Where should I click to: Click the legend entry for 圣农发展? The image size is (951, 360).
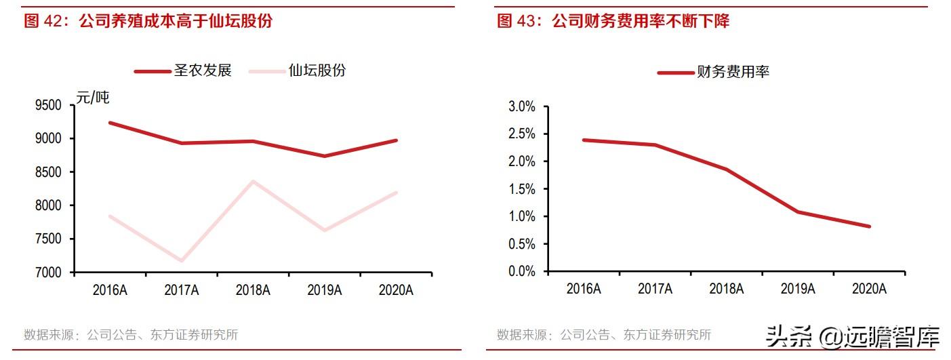183,71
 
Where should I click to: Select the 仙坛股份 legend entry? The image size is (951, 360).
298,71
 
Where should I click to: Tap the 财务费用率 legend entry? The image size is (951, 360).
713,72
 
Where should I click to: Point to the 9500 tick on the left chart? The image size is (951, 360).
48,105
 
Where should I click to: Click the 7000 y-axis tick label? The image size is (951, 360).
48,272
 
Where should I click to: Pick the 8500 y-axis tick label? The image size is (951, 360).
48,172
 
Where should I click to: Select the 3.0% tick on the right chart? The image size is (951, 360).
522,106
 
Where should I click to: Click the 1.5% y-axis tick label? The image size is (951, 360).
522,189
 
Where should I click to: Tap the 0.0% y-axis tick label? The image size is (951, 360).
522,271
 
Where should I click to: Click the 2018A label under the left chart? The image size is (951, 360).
253,290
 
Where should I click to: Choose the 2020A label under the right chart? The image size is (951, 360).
869,289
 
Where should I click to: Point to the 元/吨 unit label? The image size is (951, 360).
93,98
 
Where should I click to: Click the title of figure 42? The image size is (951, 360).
148,21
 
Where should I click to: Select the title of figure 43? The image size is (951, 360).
613,21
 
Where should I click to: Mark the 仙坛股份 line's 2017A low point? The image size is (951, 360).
182,260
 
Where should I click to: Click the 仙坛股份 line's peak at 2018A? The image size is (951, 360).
253,181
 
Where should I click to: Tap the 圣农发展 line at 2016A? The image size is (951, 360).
110,123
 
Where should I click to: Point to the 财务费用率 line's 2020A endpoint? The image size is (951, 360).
869,226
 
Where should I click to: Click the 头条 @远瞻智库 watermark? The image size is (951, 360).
853,338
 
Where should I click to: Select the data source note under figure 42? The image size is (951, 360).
131,335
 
